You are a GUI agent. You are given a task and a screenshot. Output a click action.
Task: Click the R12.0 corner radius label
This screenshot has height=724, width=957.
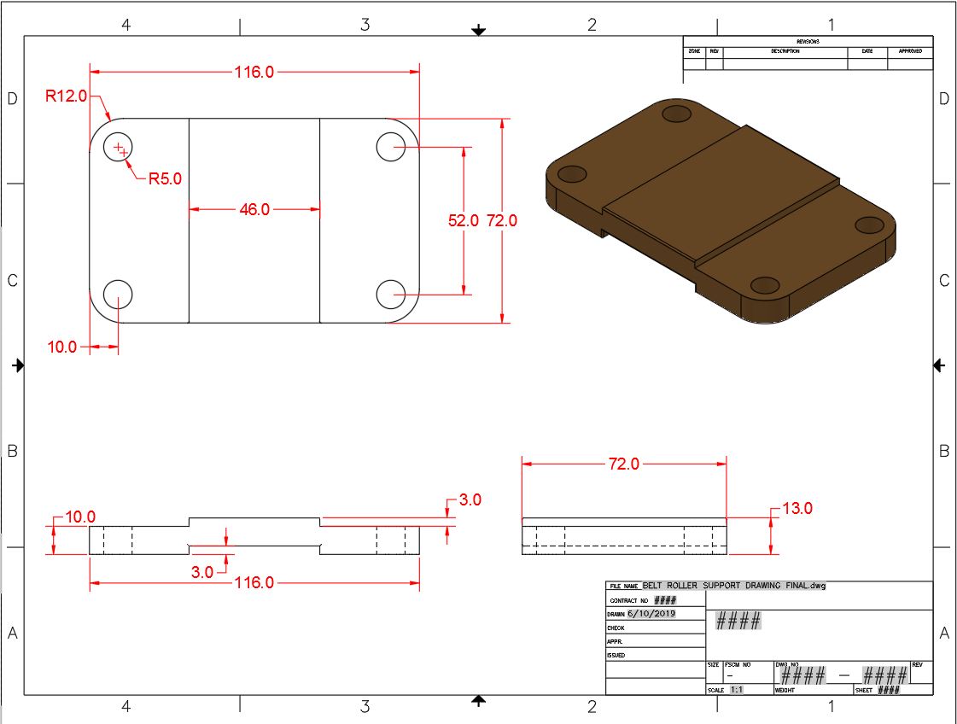[66, 96]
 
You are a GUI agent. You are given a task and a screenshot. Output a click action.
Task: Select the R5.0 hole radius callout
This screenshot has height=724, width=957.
[165, 178]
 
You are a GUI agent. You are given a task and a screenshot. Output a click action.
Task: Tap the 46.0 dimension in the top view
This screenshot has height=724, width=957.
[254, 209]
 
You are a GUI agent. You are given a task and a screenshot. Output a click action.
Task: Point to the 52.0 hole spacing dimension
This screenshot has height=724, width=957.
[464, 220]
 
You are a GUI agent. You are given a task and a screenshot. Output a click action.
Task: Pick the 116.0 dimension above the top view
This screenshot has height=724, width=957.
[254, 73]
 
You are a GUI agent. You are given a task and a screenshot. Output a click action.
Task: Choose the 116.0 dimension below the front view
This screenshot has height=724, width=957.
[254, 582]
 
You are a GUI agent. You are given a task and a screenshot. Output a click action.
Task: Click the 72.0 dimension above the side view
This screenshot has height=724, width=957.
[623, 464]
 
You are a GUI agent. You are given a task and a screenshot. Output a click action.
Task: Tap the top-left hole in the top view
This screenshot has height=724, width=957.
[118, 148]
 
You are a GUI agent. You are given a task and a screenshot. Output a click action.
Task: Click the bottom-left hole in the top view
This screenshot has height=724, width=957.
[118, 295]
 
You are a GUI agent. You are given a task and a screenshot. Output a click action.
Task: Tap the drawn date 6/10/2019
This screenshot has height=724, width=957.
[651, 614]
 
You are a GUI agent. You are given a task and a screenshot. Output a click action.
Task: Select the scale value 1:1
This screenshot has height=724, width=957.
[737, 690]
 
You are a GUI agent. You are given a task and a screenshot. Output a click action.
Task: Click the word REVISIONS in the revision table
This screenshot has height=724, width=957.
[808, 41]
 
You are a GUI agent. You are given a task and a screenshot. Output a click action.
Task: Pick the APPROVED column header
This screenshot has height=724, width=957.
[910, 51]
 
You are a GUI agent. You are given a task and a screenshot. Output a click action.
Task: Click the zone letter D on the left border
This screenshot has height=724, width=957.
[12, 99]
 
